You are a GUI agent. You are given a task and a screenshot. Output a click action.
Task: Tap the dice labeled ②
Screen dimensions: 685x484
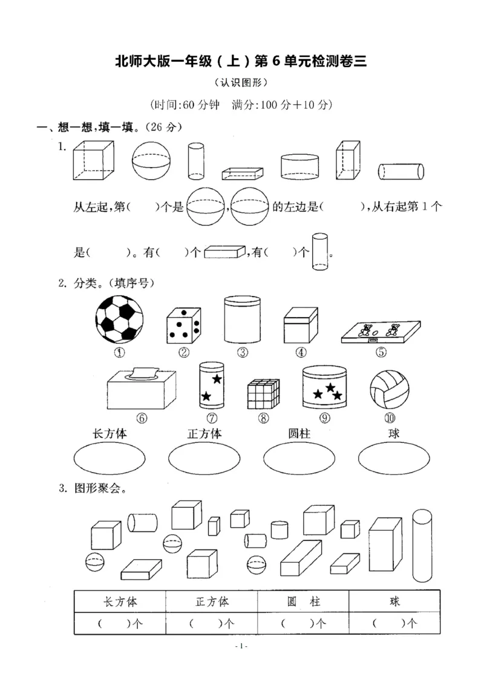coord(183,325)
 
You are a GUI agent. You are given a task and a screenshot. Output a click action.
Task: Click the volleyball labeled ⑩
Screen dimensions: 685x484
coord(388,388)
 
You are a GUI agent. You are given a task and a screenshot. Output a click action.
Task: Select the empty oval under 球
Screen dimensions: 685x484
coord(394,460)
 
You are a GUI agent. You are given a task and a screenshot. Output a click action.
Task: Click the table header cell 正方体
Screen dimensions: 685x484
coord(212,601)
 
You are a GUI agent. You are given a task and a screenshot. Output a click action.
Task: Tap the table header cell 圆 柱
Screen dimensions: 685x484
coord(304,601)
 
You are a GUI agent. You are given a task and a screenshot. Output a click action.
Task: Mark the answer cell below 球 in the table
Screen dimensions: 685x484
coord(394,623)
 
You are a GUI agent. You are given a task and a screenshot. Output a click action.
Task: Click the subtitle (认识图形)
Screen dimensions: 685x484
coord(241,82)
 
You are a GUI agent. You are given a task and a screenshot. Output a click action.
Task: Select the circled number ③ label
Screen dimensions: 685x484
coord(243,353)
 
